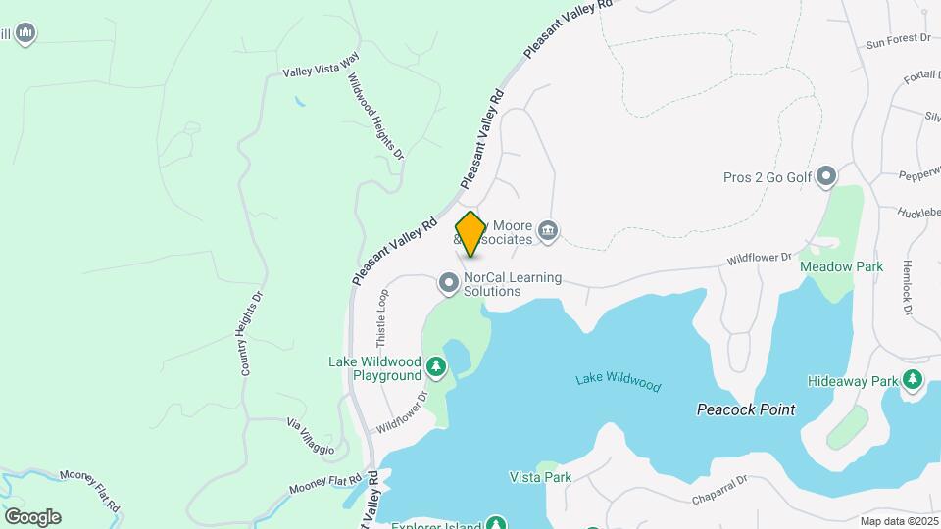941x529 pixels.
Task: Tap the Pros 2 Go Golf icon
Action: pyautogui.click(x=826, y=177)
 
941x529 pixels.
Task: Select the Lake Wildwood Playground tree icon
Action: pyautogui.click(x=435, y=369)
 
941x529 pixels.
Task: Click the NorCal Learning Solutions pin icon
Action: pyautogui.click(x=449, y=284)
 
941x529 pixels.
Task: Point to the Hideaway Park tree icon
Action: pyautogui.click(x=913, y=379)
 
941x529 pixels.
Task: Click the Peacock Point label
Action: pyautogui.click(x=746, y=409)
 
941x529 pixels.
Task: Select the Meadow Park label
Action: pyautogui.click(x=841, y=266)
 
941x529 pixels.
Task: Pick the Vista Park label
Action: pyautogui.click(x=540, y=477)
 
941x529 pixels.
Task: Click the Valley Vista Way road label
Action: pyautogui.click(x=322, y=71)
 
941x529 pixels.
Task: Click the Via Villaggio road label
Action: pyautogui.click(x=310, y=437)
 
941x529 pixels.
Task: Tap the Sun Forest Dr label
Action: pyautogui.click(x=897, y=40)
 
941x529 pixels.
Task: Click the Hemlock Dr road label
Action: pyautogui.click(x=907, y=287)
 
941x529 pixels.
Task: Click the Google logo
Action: pyautogui.click(x=32, y=516)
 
